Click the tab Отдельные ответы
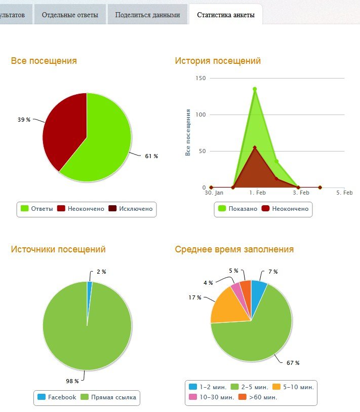pos(70,15)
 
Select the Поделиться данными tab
pos(147,15)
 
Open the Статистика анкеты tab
pos(226,15)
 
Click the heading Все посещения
pos(44,61)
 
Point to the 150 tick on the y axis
pos(201,79)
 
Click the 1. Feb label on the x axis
pos(258,193)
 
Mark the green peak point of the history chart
pos(255,89)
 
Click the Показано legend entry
pos(238,209)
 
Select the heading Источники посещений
pos(58,249)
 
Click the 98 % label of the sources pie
pos(72,381)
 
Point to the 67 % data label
pos(293,363)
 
